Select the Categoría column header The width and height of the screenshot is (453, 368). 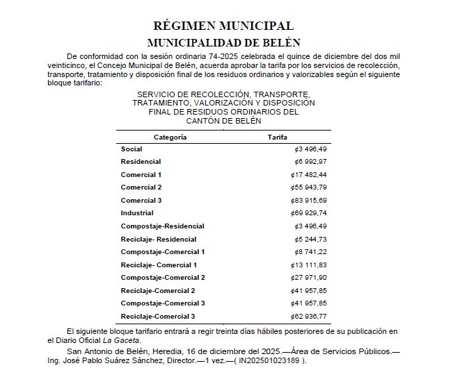click(170, 137)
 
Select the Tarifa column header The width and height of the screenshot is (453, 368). click(277, 137)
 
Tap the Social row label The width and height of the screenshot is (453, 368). click(132, 149)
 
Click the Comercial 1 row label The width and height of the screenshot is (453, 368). click(141, 175)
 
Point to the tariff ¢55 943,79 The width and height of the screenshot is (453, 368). click(310, 187)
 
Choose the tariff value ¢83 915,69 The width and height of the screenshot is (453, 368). click(310, 201)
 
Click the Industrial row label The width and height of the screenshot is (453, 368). click(137, 213)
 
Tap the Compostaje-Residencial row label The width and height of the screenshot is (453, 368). click(162, 226)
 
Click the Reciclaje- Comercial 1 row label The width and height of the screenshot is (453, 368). click(159, 265)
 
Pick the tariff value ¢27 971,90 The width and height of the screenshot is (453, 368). click(310, 278)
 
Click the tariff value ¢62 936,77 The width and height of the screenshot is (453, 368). click(310, 316)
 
